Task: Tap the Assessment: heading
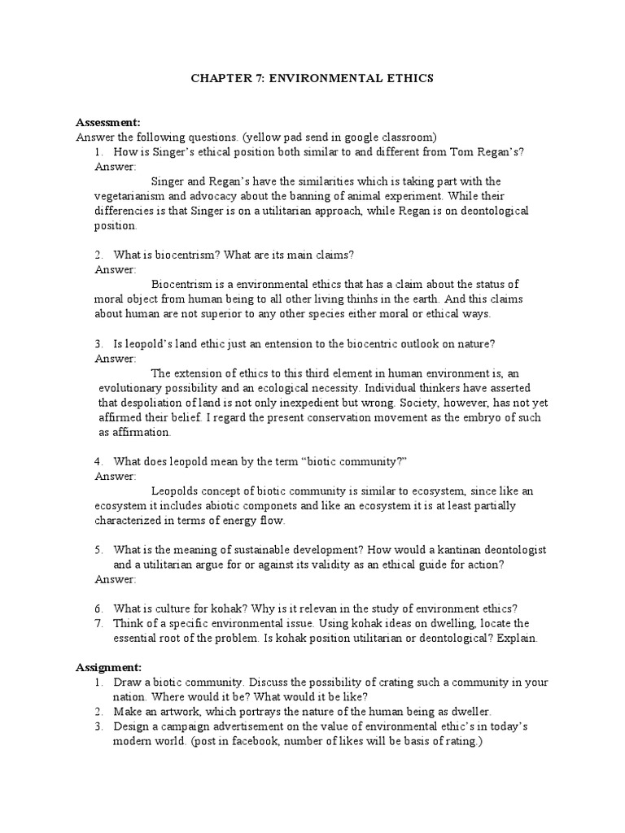tap(108, 122)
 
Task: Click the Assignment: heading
tap(108, 666)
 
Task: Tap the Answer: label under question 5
tap(116, 578)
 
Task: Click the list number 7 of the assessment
tap(98, 622)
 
